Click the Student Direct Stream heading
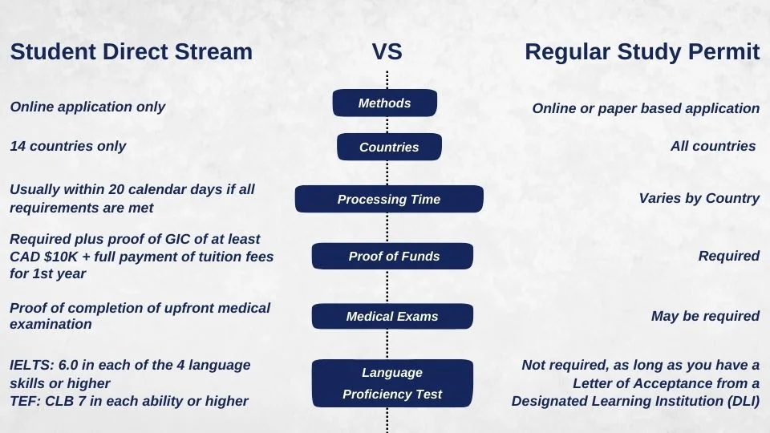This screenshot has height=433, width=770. (131, 52)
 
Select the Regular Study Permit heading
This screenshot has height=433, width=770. (642, 52)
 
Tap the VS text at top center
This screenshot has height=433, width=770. (387, 52)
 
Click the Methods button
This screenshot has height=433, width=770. (385, 103)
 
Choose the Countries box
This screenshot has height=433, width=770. (389, 148)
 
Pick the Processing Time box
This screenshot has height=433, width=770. (389, 200)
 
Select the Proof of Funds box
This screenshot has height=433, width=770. (393, 257)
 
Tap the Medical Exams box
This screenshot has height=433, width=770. (392, 317)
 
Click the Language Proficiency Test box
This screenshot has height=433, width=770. (392, 383)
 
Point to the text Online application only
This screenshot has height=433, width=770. (87, 107)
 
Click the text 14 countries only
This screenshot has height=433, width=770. (68, 146)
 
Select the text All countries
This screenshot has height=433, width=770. (713, 146)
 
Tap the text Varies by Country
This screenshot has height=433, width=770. (699, 198)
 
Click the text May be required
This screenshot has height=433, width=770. (705, 316)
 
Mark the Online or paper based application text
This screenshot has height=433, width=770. (646, 108)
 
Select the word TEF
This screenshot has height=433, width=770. (22, 401)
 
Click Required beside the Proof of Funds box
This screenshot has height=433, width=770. (728, 256)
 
